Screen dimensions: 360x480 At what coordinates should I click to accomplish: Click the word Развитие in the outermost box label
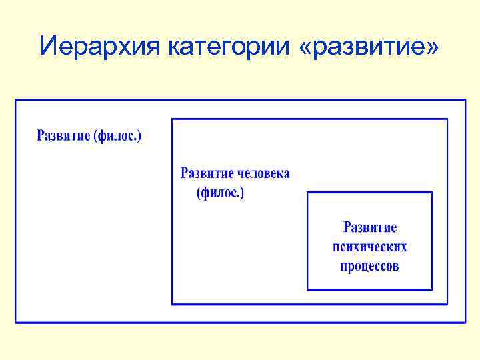64,136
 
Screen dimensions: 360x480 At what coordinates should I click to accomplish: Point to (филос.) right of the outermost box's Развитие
118,137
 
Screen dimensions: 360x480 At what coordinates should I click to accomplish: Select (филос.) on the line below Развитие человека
221,193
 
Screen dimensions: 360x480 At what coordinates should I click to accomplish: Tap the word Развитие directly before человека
207,173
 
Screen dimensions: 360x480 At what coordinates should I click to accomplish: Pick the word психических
369,247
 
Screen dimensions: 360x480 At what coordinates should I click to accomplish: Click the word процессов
369,266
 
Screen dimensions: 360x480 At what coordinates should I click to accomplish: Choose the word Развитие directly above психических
369,227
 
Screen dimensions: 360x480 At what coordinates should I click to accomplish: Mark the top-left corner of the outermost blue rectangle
16,101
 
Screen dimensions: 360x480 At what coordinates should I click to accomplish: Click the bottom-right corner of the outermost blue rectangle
465,323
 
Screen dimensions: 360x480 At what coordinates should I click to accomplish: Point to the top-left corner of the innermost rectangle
307,193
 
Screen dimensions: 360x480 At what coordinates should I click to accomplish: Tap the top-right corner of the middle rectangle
447,119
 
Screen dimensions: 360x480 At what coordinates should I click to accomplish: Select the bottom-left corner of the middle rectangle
172,304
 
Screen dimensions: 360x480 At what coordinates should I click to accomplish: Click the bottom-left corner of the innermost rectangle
307,289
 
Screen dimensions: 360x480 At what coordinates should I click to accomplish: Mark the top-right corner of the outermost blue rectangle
465,101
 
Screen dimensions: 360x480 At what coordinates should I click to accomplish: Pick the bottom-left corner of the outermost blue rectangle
16,323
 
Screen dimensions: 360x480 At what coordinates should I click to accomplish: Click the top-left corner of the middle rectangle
172,119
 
